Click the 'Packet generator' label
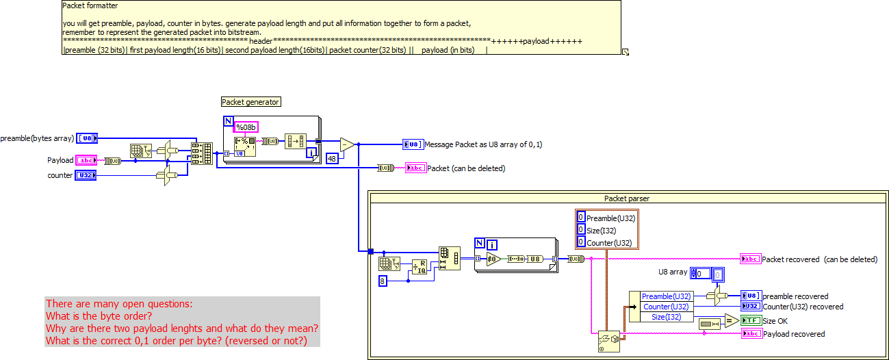250,102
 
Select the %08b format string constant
246,127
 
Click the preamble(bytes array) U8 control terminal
87,138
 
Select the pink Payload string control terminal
86,160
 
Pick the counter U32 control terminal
86,175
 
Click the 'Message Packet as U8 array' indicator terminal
413,144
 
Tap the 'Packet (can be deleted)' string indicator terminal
415,168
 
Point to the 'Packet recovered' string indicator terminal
750,259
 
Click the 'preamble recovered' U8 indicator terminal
751,296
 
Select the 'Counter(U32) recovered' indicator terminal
751,306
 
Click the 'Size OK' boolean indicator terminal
751,320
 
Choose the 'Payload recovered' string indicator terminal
751,333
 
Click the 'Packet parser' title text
626,198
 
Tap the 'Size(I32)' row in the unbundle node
667,316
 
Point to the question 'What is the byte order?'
99,316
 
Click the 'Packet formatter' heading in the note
90,5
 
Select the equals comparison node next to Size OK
730,320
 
